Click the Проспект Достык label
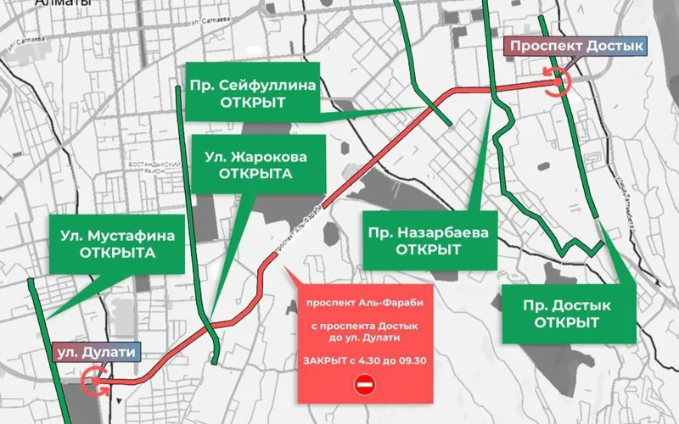[573, 47]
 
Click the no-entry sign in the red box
[363, 385]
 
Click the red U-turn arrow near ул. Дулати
[95, 382]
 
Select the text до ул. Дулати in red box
[363, 338]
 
